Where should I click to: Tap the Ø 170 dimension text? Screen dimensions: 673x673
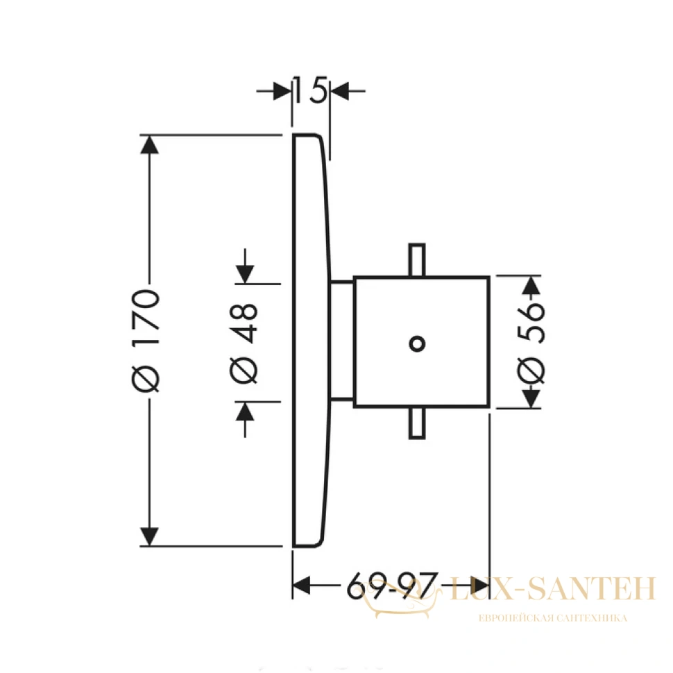(146, 341)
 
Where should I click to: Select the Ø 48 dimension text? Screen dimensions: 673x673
(244, 343)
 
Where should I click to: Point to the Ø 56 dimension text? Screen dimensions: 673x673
(531, 342)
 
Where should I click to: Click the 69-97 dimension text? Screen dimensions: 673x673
(392, 585)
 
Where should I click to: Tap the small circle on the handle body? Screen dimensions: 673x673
(417, 343)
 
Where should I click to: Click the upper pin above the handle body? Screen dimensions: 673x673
(417, 260)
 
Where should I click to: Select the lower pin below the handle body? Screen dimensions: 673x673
(417, 423)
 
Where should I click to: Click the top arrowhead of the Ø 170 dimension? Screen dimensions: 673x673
(149, 144)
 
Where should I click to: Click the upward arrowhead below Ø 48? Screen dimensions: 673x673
(245, 411)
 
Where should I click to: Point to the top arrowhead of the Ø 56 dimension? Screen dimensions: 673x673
(531, 286)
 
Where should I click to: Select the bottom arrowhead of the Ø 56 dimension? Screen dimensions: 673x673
(531, 398)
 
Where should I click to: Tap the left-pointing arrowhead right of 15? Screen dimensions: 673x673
(339, 91)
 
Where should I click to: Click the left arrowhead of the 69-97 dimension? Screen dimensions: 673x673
(301, 586)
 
